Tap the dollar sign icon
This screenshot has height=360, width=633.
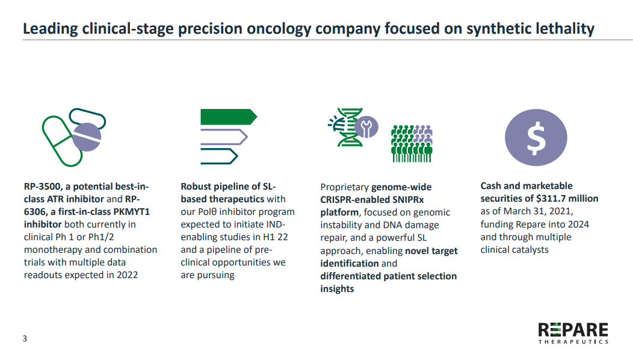(536, 137)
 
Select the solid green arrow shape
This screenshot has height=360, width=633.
(229, 117)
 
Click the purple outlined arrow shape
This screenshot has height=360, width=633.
(224, 137)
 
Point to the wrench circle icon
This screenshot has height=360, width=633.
(366, 127)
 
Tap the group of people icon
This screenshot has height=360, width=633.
(412, 143)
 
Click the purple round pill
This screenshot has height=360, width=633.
(87, 137)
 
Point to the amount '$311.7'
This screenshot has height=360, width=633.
(551, 199)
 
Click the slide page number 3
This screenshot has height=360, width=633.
(25, 338)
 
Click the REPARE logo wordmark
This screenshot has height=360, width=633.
(573, 330)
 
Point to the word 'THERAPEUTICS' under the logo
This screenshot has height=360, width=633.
(573, 342)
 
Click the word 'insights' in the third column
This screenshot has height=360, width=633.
(337, 289)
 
